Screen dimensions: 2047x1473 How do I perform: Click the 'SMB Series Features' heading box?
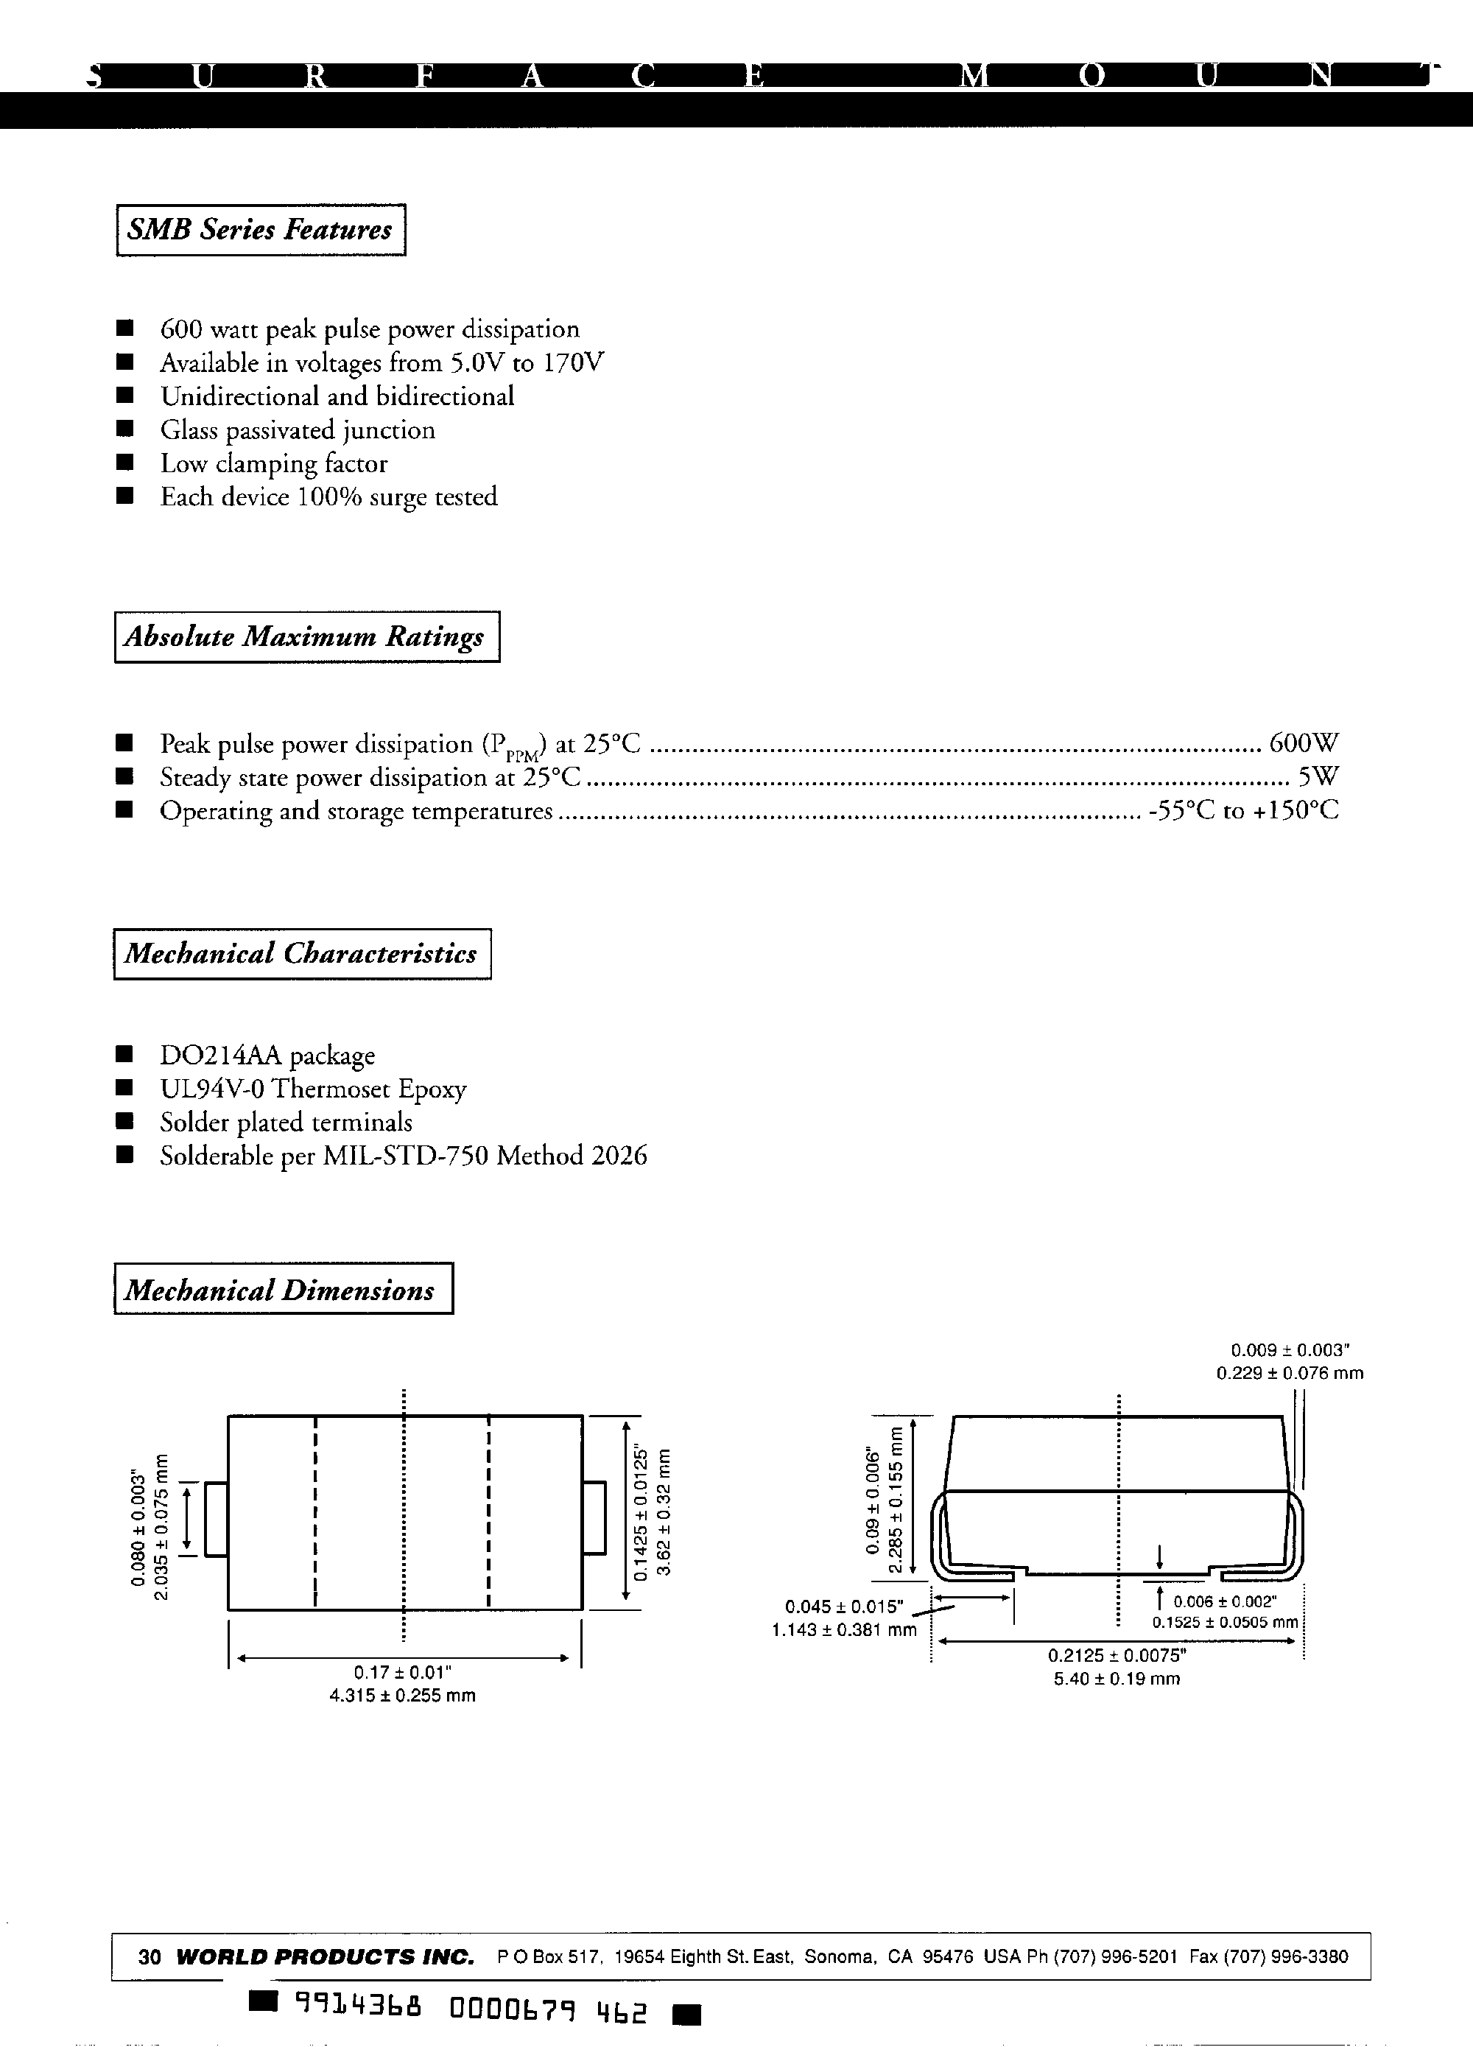(x=260, y=230)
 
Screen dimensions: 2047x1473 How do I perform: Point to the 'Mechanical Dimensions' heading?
(x=283, y=1290)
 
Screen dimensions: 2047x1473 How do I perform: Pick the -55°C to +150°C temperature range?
(x=1244, y=810)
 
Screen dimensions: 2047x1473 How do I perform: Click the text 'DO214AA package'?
(x=267, y=1055)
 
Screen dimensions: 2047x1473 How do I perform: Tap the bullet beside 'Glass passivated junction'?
(x=125, y=429)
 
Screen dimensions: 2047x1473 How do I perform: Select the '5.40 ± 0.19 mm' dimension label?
(x=1117, y=1679)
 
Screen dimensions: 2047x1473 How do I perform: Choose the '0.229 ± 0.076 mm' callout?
(x=1290, y=1373)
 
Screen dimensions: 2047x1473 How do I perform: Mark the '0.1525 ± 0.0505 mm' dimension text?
(x=1225, y=1622)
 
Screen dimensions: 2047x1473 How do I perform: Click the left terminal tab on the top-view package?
(x=216, y=1519)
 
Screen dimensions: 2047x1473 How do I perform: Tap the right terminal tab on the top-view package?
(x=594, y=1519)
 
